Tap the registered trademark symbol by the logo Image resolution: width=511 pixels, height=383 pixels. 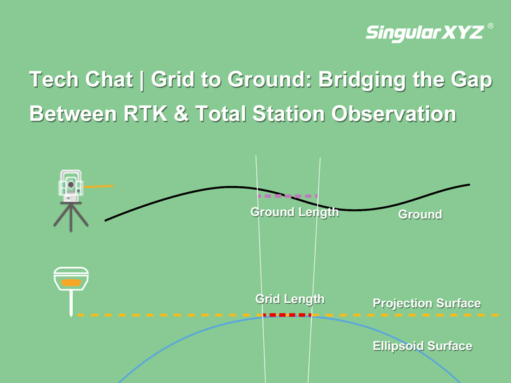(490, 26)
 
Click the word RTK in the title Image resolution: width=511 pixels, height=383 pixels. (146, 114)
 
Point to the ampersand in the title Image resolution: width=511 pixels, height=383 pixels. (181, 114)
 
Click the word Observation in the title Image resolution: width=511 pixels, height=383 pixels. (393, 114)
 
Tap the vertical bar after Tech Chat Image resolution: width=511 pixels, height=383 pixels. (141, 80)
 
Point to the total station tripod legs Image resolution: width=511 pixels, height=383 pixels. (71, 217)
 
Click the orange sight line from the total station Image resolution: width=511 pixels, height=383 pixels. (98, 186)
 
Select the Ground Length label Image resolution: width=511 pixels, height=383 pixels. (294, 212)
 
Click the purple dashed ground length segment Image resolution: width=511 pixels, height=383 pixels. (288, 196)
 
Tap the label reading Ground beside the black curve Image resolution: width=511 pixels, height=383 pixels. (420, 214)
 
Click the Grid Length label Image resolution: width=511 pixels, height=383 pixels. (290, 299)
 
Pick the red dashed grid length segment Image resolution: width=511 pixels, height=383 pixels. (287, 315)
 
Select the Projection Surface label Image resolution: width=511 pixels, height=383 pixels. (427, 303)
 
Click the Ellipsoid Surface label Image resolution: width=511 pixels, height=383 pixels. (422, 346)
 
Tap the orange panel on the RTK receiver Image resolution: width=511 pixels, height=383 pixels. (71, 283)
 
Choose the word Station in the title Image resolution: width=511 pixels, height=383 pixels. (289, 114)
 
